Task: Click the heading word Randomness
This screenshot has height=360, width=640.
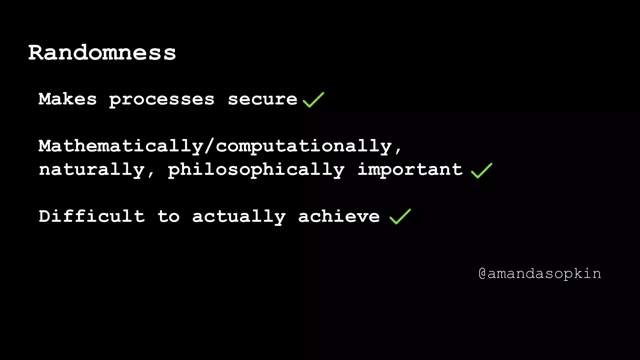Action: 102,52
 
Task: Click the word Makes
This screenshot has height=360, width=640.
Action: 67,99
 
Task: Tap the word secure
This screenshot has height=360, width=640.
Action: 262,99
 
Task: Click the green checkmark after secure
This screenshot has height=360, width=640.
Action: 313,100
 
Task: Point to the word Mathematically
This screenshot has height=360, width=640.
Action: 121,146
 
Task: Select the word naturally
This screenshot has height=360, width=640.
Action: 92,170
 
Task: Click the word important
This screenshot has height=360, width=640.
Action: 410,169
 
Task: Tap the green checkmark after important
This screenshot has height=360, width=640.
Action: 481,171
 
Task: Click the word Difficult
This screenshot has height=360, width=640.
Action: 92,216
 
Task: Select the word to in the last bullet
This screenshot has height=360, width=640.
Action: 168,216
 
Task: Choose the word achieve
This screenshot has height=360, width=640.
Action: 339,216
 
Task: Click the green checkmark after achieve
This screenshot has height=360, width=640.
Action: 400,217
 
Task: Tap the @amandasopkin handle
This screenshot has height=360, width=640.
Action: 540,274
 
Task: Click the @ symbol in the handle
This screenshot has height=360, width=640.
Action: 482,274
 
